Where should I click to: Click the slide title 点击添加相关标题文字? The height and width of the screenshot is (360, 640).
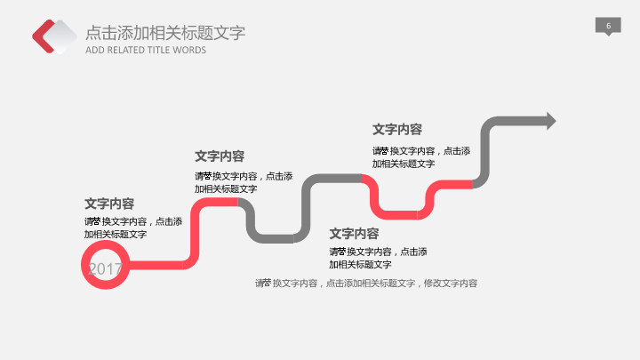coord(165,34)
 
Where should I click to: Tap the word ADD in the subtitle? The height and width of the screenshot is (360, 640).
coord(94,51)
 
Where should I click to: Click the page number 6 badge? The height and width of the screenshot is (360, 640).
coord(608,27)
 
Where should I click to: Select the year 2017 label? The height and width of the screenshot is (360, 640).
coord(105,268)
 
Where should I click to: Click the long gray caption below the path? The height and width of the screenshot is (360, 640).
coord(366,284)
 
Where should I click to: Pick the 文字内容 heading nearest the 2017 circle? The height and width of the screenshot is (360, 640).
coord(109,204)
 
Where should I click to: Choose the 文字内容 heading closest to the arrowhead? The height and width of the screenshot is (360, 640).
coord(397,130)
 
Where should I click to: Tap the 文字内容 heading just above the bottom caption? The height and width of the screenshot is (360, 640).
coord(354,234)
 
